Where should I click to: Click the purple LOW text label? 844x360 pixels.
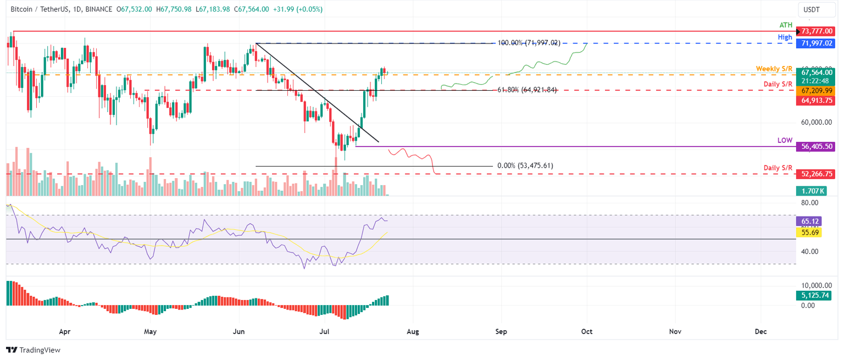785,141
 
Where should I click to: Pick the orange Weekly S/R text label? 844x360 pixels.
774,68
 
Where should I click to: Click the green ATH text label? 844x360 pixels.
786,25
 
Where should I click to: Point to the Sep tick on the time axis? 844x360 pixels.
501,331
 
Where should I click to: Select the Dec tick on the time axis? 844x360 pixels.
761,331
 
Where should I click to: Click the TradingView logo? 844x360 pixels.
33,350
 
